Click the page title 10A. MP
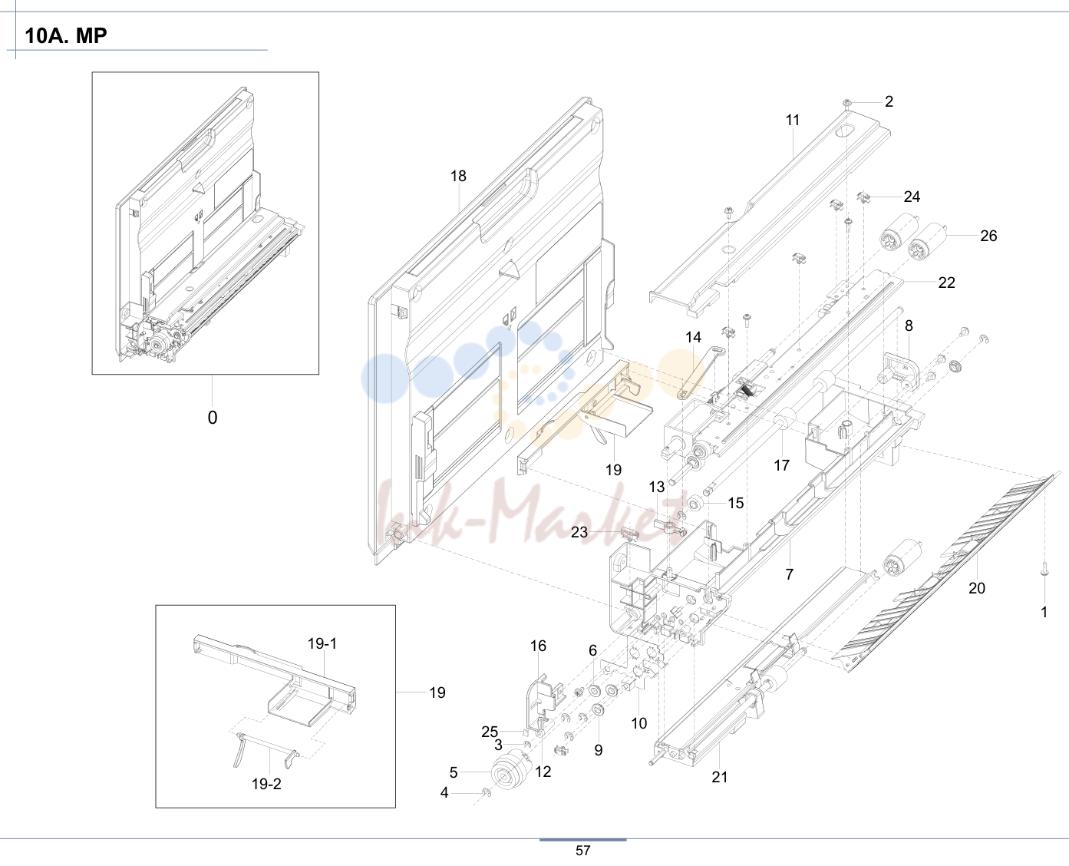[66, 35]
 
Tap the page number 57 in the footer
[582, 851]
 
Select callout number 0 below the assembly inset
[213, 418]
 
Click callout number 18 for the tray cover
[458, 177]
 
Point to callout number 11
[793, 121]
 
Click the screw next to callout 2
[847, 104]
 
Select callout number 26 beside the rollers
[988, 236]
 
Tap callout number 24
[912, 197]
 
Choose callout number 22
[946, 283]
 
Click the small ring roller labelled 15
[695, 503]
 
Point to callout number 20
[977, 588]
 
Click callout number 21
[720, 777]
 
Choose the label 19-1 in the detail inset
[322, 643]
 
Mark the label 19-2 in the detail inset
[266, 784]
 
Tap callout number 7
[790, 574]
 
